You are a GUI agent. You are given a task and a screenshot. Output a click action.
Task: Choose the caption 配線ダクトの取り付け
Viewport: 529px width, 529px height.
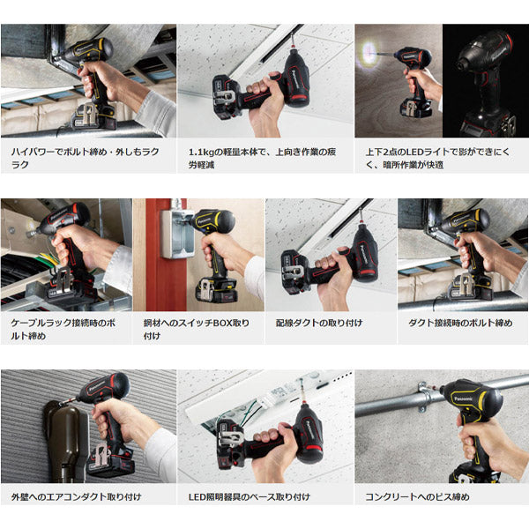tap(318, 324)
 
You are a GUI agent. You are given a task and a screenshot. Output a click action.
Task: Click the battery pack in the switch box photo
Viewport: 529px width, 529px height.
tap(216, 289)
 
